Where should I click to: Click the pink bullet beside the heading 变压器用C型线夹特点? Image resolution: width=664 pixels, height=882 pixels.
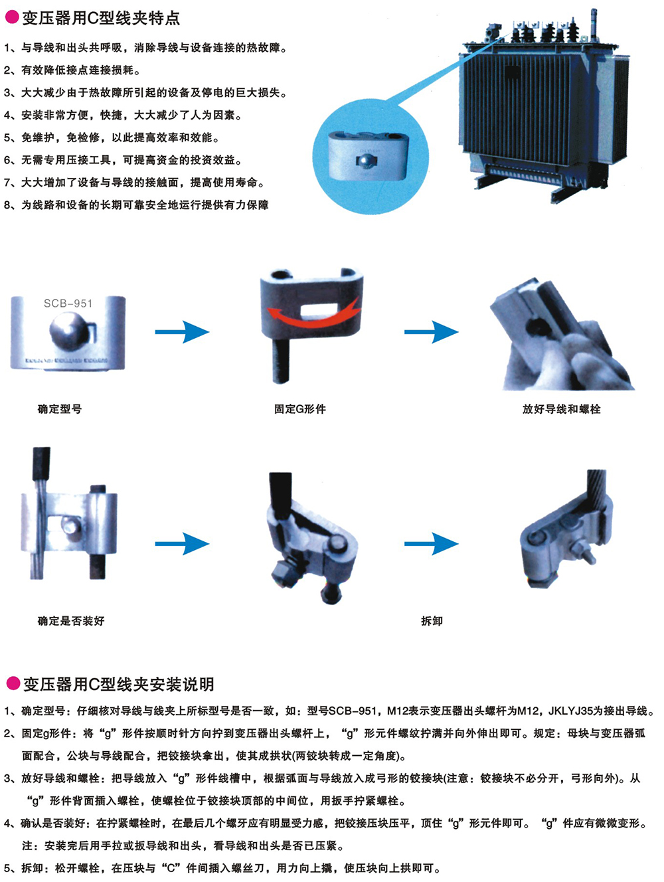(x=12, y=17)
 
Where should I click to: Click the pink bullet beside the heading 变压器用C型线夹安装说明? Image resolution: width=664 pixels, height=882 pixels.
(x=13, y=683)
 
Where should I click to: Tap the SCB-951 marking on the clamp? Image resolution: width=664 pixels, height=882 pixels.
(x=68, y=304)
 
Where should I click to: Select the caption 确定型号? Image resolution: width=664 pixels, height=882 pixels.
(x=60, y=409)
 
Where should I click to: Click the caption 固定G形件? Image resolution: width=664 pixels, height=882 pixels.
(x=299, y=409)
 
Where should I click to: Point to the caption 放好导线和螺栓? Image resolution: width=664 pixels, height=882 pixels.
(x=561, y=409)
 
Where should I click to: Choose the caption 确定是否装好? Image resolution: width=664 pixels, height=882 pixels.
(x=71, y=621)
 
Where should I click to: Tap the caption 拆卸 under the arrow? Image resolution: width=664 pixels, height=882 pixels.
(x=432, y=621)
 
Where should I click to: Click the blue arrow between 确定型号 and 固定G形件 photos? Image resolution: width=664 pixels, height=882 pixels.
(x=183, y=332)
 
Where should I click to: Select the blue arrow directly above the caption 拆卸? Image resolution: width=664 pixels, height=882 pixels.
(x=432, y=544)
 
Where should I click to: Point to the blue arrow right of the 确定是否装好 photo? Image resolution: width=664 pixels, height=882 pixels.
(x=183, y=544)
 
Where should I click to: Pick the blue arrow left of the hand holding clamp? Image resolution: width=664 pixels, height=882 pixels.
(x=432, y=332)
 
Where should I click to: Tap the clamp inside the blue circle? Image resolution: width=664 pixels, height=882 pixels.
(x=368, y=155)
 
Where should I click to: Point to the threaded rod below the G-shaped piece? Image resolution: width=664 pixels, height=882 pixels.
(x=280, y=359)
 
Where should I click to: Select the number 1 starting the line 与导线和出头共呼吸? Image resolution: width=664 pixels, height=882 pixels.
(x=7, y=48)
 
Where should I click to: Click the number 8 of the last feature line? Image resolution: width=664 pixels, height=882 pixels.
(x=7, y=205)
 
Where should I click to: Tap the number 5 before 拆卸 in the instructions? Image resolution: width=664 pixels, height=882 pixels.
(x=7, y=868)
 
